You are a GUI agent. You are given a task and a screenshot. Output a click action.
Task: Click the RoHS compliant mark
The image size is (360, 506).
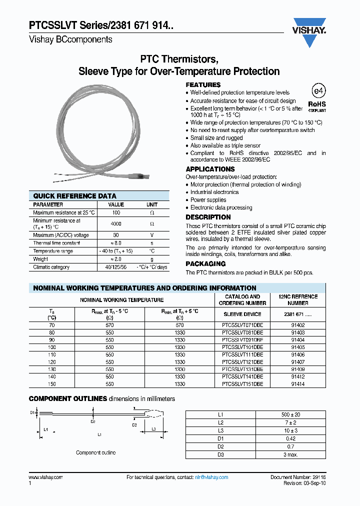pyautogui.click(x=317, y=105)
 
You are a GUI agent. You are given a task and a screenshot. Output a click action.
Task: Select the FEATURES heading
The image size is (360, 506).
pyautogui.click(x=203, y=85)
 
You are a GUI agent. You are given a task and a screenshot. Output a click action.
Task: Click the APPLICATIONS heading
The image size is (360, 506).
pyautogui.click(x=210, y=169)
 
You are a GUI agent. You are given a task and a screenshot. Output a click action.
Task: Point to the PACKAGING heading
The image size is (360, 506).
pyautogui.click(x=205, y=263)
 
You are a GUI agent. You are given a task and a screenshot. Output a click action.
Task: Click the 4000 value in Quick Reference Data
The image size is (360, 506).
pyautogui.click(x=116, y=224)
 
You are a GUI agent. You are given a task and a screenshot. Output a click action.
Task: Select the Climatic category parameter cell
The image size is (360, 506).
pyautogui.click(x=51, y=267)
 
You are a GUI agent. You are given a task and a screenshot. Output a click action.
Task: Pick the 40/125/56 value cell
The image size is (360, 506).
pyautogui.click(x=116, y=267)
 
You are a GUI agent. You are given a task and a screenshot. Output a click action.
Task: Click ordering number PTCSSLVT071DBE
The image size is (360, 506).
pyautogui.click(x=242, y=325)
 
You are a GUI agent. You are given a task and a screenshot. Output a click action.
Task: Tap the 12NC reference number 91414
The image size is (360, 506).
pyautogui.click(x=298, y=384)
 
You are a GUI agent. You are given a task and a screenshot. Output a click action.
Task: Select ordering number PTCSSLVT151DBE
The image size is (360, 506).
pyautogui.click(x=242, y=384)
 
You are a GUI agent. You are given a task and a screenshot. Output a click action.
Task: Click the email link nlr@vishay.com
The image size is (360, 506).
pyautogui.click(x=211, y=477)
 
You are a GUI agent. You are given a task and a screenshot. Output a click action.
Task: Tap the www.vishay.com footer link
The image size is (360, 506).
pyautogui.click(x=46, y=477)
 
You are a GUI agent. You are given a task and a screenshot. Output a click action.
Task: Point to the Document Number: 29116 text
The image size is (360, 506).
pyautogui.click(x=298, y=477)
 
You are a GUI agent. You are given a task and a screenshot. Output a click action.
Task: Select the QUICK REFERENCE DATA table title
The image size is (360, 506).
pyautogui.click(x=74, y=196)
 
